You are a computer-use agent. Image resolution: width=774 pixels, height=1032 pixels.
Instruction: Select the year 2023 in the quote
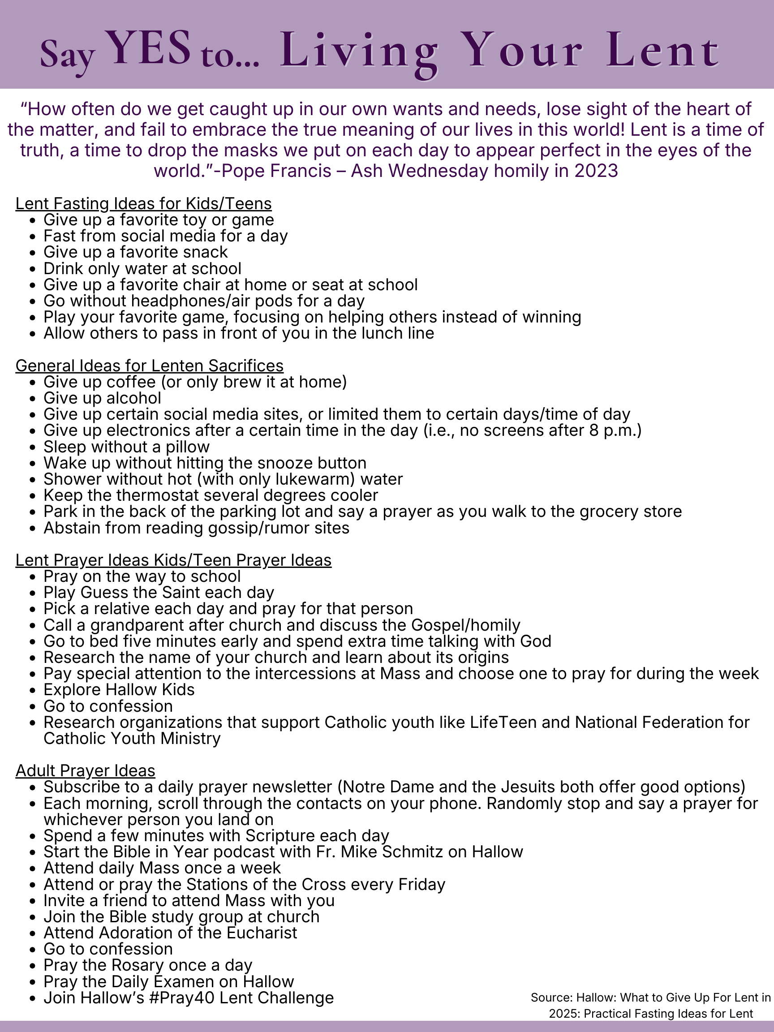[596, 171]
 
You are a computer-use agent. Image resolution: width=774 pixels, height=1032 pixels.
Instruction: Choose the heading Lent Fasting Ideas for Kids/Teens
[144, 203]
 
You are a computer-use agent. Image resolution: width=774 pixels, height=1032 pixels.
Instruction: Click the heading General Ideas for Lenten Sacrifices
[149, 365]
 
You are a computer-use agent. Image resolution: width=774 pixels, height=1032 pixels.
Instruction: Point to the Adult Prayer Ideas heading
[86, 770]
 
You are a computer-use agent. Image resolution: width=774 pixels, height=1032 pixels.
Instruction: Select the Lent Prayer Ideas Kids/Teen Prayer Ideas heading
[173, 560]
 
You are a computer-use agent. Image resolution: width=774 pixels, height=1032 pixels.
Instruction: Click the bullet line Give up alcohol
[102, 398]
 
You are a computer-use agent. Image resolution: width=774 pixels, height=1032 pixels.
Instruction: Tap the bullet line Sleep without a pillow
[126, 447]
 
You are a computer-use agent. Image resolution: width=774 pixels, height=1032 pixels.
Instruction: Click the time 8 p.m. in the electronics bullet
[611, 430]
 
